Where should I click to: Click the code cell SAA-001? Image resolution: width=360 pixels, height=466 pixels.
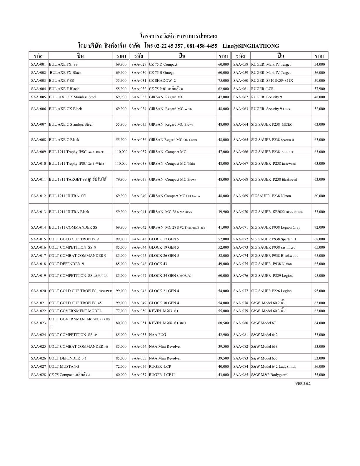click(39, 64)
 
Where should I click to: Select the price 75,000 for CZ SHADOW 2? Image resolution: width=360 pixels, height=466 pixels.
click(224, 81)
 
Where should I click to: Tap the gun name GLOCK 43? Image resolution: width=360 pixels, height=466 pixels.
click(158, 264)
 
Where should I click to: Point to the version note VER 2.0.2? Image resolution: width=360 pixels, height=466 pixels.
click(303, 384)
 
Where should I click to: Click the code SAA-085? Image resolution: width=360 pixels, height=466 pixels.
click(241, 375)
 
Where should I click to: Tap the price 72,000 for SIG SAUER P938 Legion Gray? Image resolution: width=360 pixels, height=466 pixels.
click(319, 227)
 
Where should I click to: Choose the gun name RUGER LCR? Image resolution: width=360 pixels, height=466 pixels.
click(262, 89)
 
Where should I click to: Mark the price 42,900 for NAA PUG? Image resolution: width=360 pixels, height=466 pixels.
click(224, 335)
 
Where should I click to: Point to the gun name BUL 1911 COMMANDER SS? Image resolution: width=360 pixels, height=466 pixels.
click(73, 227)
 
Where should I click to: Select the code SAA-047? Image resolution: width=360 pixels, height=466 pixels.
click(139, 276)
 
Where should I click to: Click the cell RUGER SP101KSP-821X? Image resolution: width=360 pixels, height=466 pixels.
click(272, 81)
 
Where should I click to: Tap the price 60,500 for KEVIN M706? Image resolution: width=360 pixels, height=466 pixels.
click(224, 323)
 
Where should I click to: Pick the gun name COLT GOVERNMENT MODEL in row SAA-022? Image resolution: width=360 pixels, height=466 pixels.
click(75, 311)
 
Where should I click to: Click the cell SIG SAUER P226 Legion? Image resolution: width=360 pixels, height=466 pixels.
click(271, 291)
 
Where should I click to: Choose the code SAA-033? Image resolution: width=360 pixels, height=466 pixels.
click(139, 97)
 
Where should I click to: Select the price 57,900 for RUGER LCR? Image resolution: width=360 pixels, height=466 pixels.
click(319, 89)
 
